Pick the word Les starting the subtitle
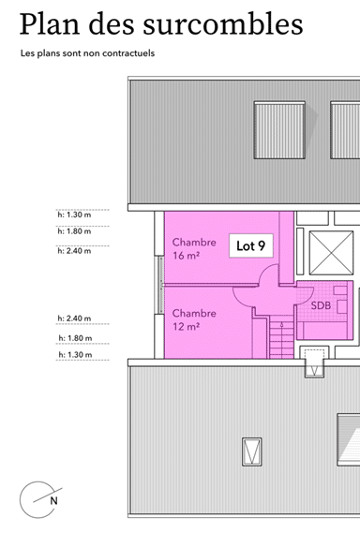coord(28,53)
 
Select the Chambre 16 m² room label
coord(194,248)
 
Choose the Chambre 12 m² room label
coord(194,319)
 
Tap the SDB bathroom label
coord(320,305)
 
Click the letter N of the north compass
coord(52,501)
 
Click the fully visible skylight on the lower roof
coord(251,450)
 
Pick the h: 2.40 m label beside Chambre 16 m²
coord(74,251)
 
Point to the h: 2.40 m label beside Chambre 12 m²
coord(74,318)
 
